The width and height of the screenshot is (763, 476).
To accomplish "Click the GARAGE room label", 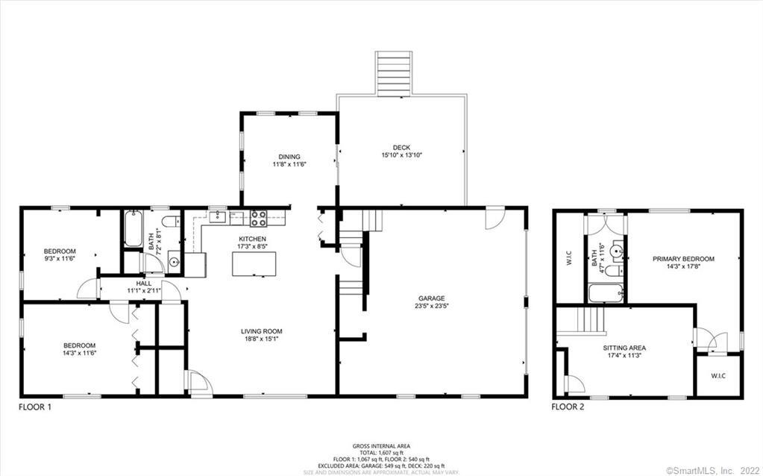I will pyautogui.click(x=431, y=298).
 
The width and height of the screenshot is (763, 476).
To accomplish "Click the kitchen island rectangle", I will pyautogui.click(x=254, y=264).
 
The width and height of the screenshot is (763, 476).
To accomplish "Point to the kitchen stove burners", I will pyautogui.click(x=259, y=218).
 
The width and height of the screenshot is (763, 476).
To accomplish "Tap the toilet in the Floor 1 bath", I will pyautogui.click(x=170, y=219).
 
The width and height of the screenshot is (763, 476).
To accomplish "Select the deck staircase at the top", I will pyautogui.click(x=394, y=73).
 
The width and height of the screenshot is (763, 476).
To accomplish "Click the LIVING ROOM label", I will pyautogui.click(x=261, y=331).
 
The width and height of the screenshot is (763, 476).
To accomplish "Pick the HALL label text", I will pyautogui.click(x=143, y=284).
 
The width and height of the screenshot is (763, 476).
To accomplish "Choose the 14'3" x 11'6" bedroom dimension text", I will pyautogui.click(x=79, y=352).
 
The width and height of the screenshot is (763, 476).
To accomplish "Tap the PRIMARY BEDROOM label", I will pyautogui.click(x=683, y=259).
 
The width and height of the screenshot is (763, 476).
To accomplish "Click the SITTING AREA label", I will pyautogui.click(x=624, y=348).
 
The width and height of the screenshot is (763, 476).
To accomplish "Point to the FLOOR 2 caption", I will pyautogui.click(x=568, y=407).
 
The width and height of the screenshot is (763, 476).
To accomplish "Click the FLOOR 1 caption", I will pyautogui.click(x=35, y=407).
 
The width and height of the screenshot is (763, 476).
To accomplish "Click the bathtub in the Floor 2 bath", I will pyautogui.click(x=606, y=292).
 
